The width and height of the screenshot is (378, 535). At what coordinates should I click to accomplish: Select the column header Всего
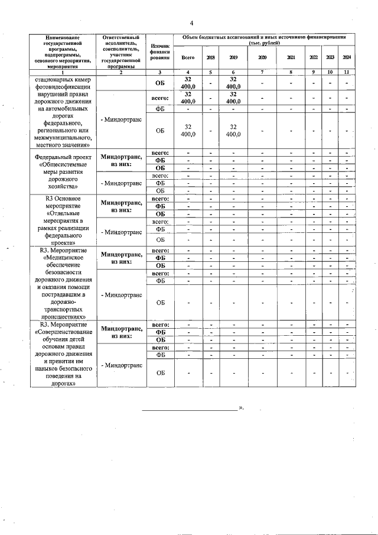pos(188,57)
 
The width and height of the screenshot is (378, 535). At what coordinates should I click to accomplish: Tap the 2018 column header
pos(210,57)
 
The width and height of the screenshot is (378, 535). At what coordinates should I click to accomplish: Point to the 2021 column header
pos(291,57)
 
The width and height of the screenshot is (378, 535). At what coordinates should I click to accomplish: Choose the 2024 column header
pos(347,57)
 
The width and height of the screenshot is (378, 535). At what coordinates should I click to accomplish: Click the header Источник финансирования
pos(159,52)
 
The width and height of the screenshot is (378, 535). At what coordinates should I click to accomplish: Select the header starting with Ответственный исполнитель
pos(120,52)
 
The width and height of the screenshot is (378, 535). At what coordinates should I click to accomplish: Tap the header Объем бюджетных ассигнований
pos(264,40)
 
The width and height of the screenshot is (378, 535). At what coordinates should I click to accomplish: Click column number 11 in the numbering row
pos(347,72)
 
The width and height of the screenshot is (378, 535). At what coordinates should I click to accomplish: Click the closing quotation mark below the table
pos(240,408)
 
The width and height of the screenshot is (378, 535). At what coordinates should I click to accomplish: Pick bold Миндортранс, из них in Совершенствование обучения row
pos(120,332)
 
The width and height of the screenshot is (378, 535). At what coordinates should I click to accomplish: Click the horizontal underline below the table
pos(189,409)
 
